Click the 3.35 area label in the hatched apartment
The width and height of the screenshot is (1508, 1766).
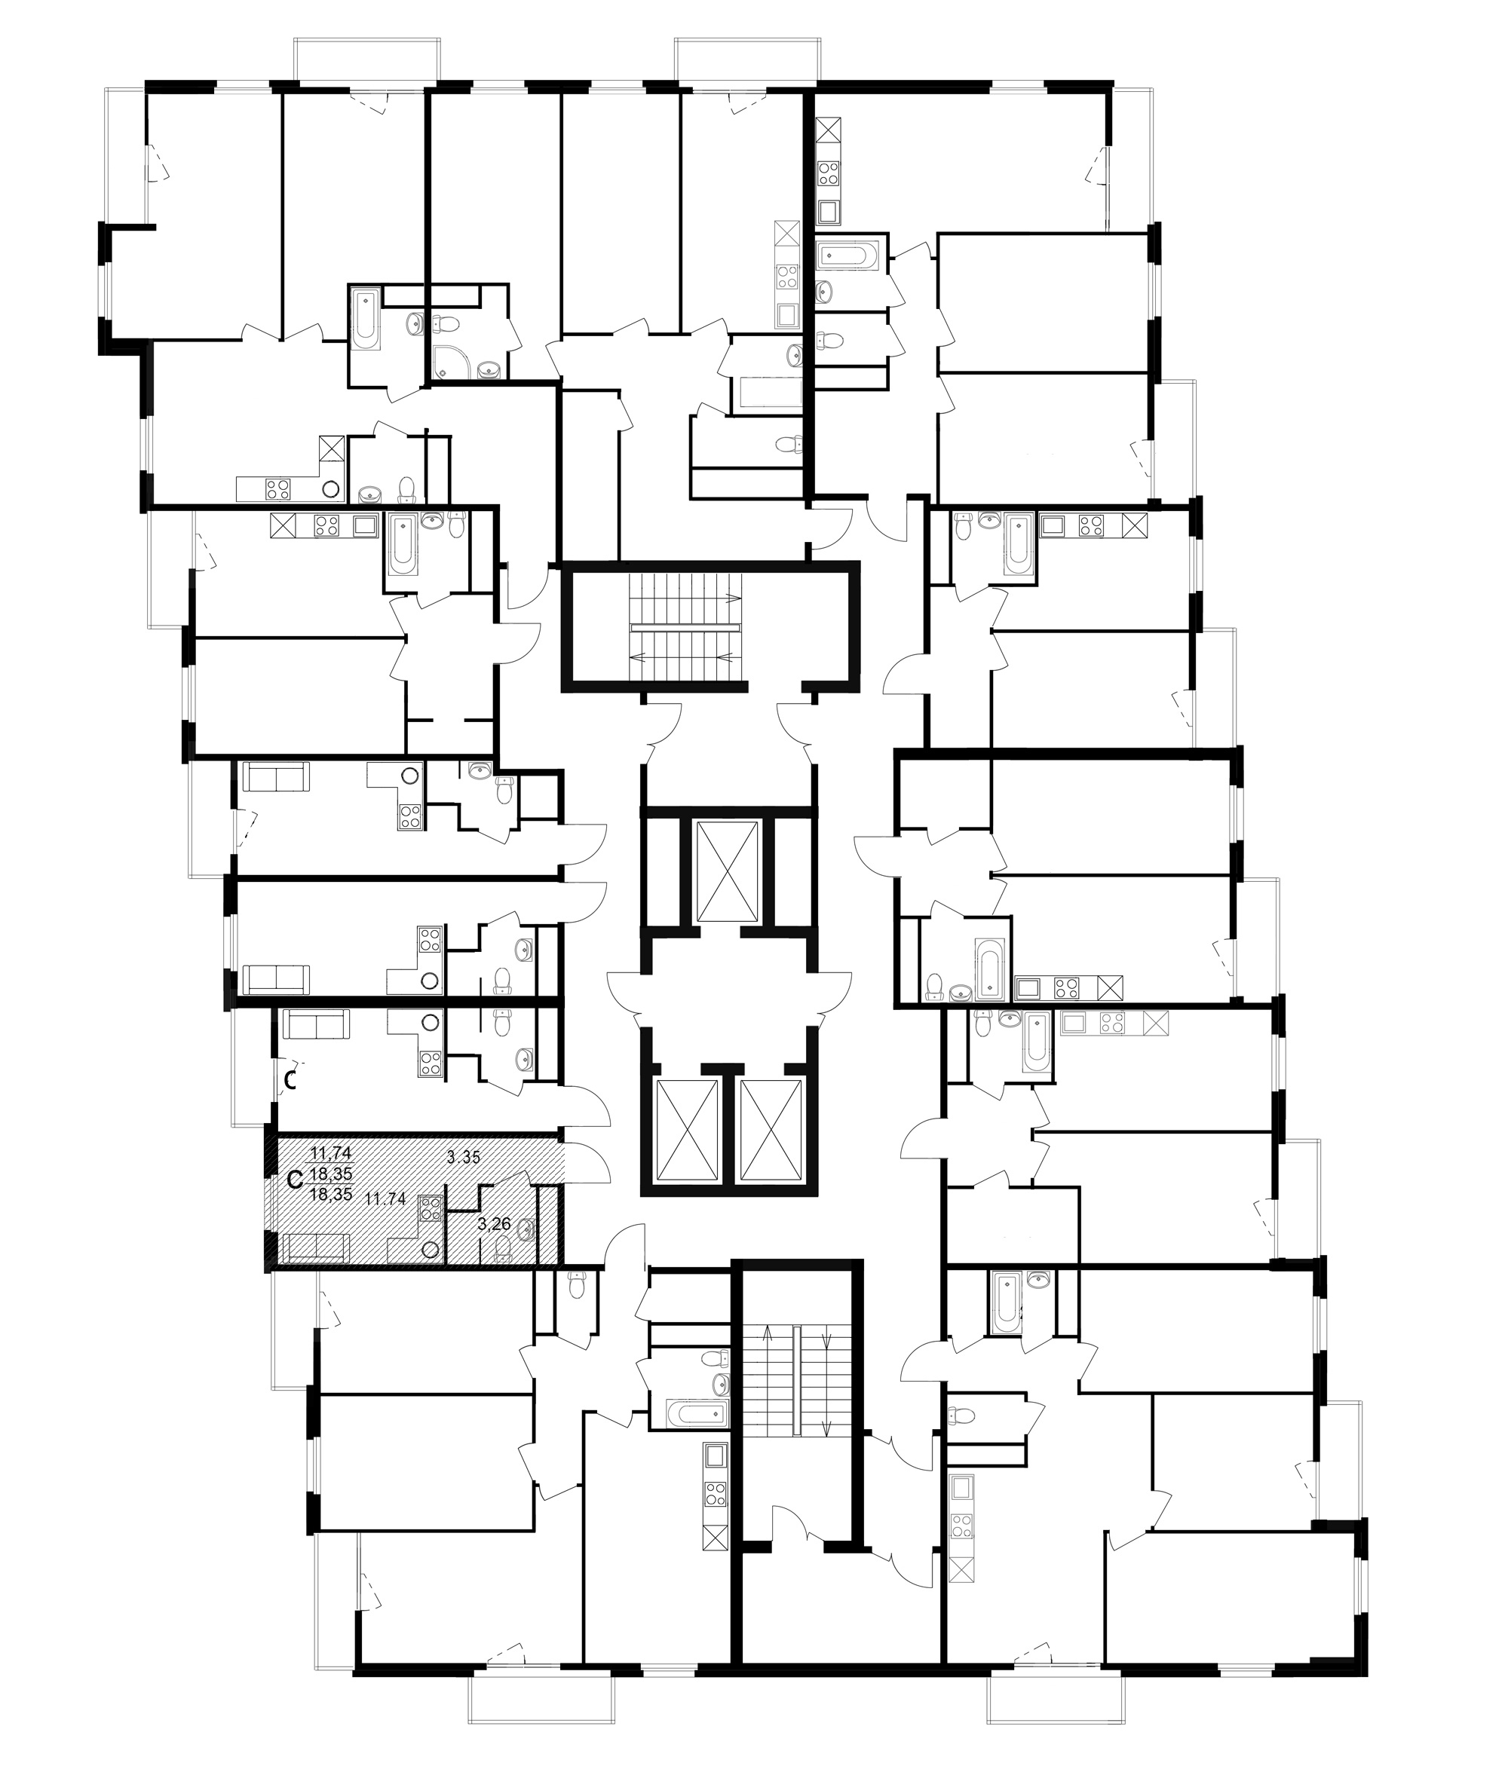(x=464, y=1158)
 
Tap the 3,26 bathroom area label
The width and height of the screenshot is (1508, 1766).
(x=495, y=1225)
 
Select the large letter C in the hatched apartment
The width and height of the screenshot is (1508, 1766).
(x=296, y=1180)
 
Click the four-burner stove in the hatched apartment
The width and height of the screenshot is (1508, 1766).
(x=430, y=1210)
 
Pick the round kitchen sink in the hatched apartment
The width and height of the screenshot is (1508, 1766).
(x=431, y=1250)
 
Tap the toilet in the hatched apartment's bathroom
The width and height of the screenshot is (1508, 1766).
(x=503, y=1247)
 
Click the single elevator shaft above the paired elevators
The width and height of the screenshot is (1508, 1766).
(x=726, y=872)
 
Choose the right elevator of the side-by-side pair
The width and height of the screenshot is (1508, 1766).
(x=771, y=1129)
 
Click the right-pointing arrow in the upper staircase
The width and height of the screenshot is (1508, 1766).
(x=731, y=598)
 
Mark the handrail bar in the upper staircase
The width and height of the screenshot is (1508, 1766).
(x=686, y=626)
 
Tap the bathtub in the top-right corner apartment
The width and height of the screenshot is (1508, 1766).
(x=846, y=255)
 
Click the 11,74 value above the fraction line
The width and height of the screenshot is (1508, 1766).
(x=331, y=1153)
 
